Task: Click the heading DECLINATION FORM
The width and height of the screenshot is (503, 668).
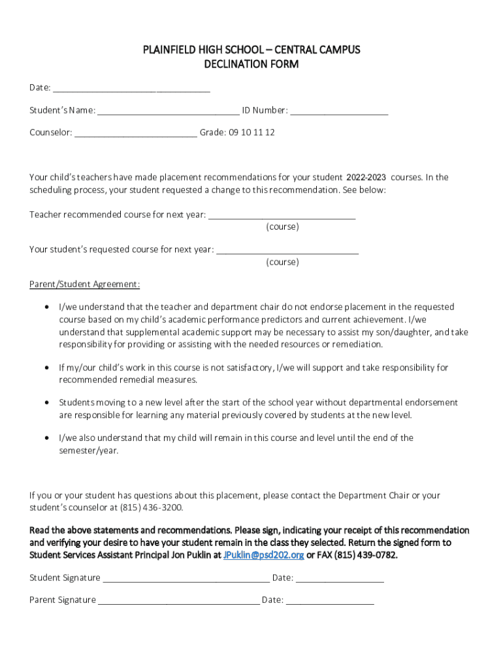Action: [x=252, y=64]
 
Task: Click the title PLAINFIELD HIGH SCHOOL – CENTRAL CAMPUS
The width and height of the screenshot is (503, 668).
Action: [x=252, y=50]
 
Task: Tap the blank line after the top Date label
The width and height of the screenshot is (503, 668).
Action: [x=131, y=89]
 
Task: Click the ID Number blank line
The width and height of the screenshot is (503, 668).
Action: [x=339, y=111]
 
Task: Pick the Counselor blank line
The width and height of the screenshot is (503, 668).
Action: [x=135, y=133]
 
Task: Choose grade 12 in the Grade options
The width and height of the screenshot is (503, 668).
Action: [x=270, y=132]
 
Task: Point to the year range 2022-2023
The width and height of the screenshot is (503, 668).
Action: [x=366, y=177]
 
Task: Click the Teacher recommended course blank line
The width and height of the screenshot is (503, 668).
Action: [x=282, y=215]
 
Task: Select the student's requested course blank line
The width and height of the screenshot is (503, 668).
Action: [x=287, y=250]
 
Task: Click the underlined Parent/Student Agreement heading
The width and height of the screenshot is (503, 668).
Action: [x=84, y=284]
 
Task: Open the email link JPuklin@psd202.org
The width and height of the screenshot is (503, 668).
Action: [x=263, y=555]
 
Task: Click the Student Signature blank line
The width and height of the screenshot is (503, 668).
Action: [x=186, y=579]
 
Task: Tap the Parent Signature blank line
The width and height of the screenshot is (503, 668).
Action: [x=179, y=601]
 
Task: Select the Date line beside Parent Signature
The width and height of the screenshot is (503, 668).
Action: [x=330, y=601]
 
